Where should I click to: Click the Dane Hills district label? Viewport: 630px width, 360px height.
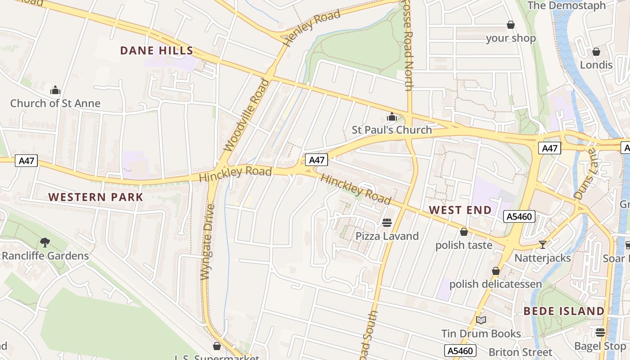(x=157, y=51)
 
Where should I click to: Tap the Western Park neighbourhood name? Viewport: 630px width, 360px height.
(x=96, y=197)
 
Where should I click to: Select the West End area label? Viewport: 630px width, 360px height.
(x=460, y=210)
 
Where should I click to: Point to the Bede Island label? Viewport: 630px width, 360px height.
(x=564, y=311)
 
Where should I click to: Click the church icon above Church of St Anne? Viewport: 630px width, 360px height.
(x=55, y=90)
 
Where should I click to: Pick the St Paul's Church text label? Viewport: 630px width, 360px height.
(x=391, y=130)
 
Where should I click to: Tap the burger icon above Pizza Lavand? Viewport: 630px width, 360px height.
(x=387, y=223)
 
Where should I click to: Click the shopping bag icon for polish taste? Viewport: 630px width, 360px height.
(x=463, y=232)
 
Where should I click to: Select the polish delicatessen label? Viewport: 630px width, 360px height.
(x=495, y=284)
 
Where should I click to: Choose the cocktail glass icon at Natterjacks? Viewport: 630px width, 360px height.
(x=542, y=245)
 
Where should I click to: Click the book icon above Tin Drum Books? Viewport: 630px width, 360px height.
(x=481, y=320)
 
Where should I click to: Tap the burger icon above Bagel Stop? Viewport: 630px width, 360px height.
(x=600, y=333)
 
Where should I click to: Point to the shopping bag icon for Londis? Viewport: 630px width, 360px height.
(x=596, y=52)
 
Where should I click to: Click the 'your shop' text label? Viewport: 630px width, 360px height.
(x=511, y=38)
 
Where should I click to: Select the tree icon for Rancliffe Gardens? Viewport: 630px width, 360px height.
(x=45, y=243)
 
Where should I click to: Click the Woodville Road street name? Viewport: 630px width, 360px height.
(x=247, y=115)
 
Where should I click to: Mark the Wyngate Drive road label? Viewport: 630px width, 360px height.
(x=208, y=242)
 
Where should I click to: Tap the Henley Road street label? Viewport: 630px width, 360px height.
(x=312, y=28)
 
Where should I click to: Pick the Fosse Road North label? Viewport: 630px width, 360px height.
(x=408, y=45)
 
